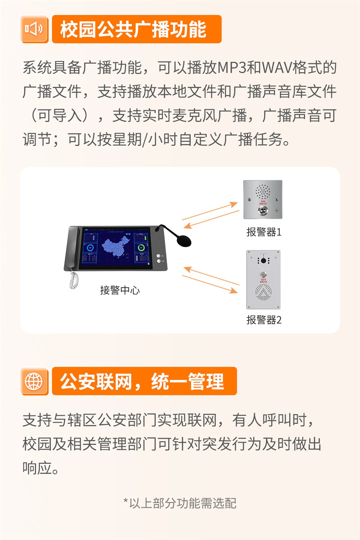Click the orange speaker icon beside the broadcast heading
(x=34, y=29)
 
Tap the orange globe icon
(x=34, y=381)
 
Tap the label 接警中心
(x=120, y=290)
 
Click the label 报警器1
(x=264, y=232)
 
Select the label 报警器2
(x=264, y=320)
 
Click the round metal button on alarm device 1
(x=263, y=210)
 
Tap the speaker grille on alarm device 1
(x=263, y=192)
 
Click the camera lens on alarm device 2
(x=264, y=260)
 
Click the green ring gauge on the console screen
(x=141, y=248)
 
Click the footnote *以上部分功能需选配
(x=180, y=503)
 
